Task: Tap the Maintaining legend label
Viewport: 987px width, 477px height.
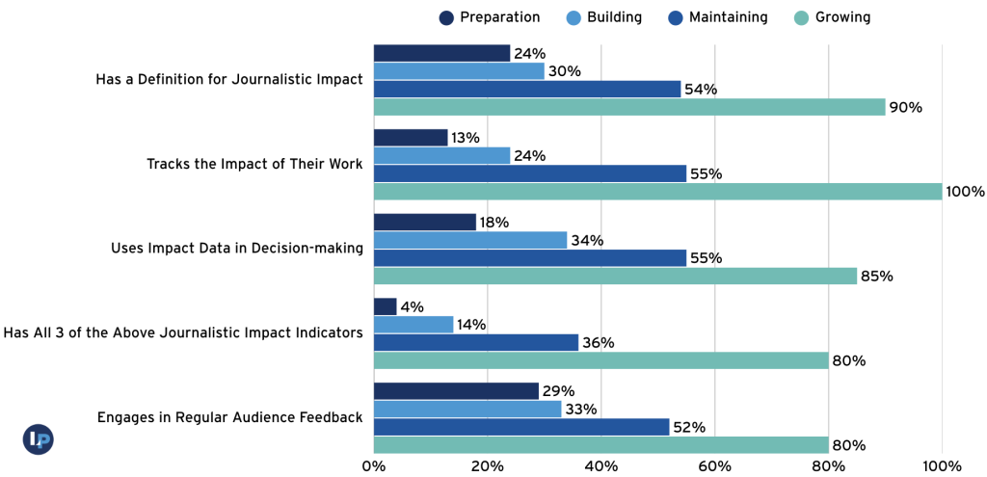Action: click(728, 17)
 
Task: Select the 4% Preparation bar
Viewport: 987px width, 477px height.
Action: click(385, 306)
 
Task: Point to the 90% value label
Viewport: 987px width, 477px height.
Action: click(906, 108)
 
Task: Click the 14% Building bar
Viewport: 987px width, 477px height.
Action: click(413, 325)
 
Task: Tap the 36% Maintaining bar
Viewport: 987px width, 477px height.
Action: click(476, 342)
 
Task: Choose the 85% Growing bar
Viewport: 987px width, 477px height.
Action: click(615, 277)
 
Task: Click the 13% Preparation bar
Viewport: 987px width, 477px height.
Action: click(411, 138)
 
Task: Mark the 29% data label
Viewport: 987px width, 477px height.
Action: click(559, 391)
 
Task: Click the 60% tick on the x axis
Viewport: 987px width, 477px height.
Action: click(714, 466)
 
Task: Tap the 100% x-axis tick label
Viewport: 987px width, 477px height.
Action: click(942, 466)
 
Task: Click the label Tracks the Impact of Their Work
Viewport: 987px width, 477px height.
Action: click(254, 164)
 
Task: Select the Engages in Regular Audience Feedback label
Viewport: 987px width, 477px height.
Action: click(229, 417)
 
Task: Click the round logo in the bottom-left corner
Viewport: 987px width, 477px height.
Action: click(38, 439)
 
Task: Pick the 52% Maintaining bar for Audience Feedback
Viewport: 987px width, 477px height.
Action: click(521, 427)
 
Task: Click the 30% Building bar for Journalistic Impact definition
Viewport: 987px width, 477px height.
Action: click(459, 71)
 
